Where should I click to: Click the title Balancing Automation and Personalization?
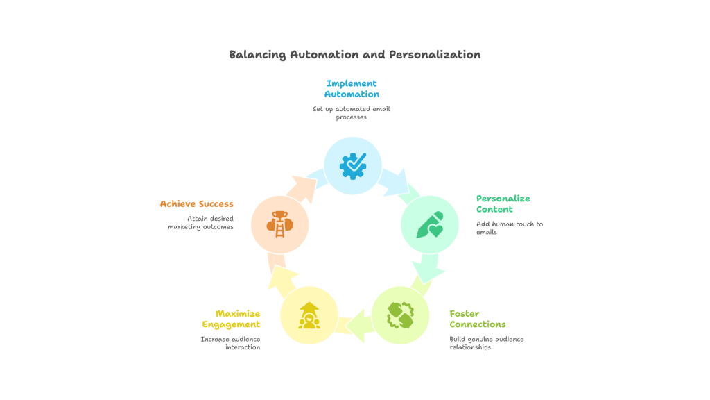coord(354,55)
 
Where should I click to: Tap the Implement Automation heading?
coord(352,89)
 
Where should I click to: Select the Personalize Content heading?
coord(503,203)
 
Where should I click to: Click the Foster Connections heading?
coord(477,319)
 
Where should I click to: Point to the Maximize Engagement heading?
coord(231,319)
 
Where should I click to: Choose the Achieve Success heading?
coord(196,203)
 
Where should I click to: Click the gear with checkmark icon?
coord(353,165)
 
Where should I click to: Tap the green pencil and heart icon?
coord(430,224)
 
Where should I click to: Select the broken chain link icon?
coord(400,315)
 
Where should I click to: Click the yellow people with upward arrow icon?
coord(309,315)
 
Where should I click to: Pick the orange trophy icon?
coord(279,224)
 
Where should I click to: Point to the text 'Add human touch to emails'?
coord(509,228)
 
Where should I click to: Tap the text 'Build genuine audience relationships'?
coord(486,343)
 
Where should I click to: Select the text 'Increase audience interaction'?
coord(230,343)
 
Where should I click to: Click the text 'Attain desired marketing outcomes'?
coord(200,222)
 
